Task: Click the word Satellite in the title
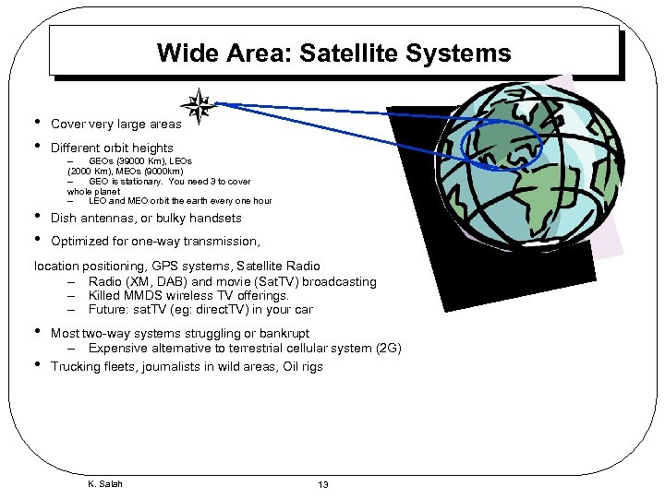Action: point(362,53)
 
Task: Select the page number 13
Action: point(323,484)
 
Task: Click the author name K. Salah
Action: point(104,484)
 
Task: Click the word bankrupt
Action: point(285,333)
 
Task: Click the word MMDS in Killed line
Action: point(148,296)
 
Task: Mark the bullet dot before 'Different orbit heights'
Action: point(37,146)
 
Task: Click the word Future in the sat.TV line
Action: point(109,310)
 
